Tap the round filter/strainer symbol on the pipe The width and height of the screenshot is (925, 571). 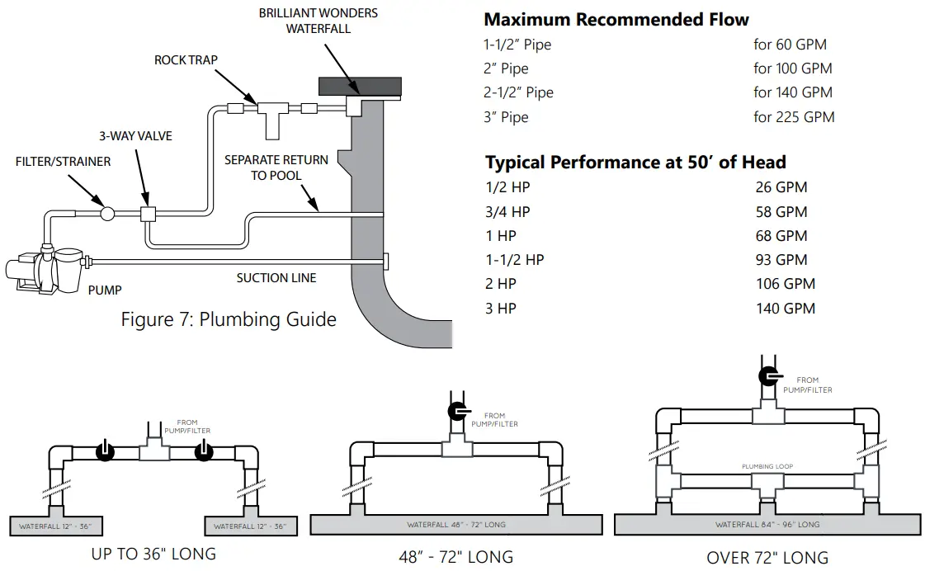[x=107, y=214]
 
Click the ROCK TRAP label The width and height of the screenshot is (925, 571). [x=186, y=60]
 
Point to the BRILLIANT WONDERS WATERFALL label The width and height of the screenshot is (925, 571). [x=319, y=21]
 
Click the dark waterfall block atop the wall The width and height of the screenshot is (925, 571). [x=360, y=86]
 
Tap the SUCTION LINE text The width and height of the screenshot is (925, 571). [x=276, y=278]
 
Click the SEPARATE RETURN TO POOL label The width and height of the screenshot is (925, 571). [x=276, y=168]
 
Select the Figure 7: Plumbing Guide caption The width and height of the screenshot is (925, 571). [x=229, y=319]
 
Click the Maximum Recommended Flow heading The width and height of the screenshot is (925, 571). [x=616, y=19]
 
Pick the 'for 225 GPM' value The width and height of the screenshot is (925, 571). [x=793, y=117]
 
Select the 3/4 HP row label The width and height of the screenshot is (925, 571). [x=508, y=212]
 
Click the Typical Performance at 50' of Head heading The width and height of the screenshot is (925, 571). [x=635, y=162]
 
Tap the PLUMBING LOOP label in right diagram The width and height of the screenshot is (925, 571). [x=767, y=467]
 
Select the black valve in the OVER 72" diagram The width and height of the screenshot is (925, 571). [x=769, y=376]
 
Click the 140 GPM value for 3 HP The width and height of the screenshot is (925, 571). [x=785, y=309]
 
